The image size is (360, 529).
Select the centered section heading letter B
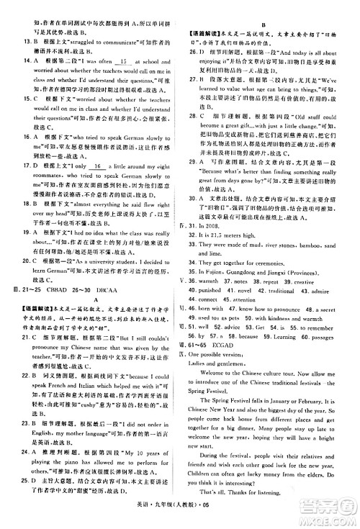point(264,24)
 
